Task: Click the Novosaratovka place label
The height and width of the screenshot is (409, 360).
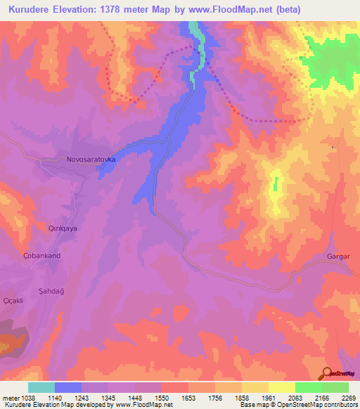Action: click(91, 160)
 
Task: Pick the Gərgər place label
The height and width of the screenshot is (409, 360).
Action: click(339, 256)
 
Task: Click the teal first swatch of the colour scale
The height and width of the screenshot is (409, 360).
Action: click(41, 387)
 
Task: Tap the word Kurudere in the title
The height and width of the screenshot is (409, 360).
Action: click(30, 9)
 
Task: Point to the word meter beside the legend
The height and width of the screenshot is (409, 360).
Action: click(9, 397)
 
